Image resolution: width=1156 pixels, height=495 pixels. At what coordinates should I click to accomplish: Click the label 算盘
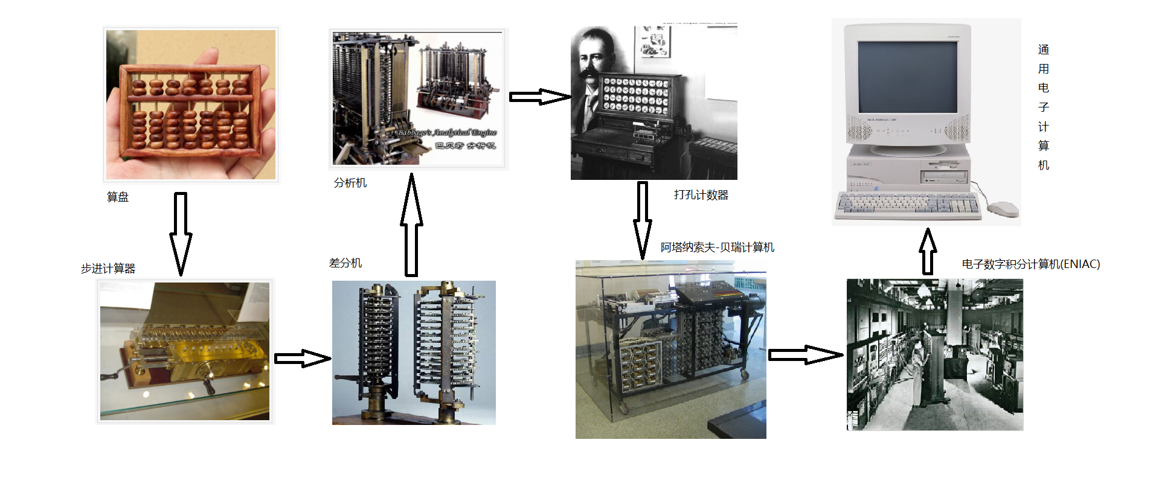click(x=118, y=197)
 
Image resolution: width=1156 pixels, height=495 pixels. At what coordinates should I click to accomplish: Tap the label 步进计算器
click(x=108, y=269)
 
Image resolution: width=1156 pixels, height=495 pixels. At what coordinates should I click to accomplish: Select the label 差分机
click(x=345, y=263)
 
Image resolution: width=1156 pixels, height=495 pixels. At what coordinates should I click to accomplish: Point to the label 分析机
click(x=350, y=183)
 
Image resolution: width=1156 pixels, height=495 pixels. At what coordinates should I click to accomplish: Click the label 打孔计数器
click(x=701, y=195)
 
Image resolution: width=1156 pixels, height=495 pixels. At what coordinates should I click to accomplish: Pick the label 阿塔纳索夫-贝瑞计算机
click(x=717, y=247)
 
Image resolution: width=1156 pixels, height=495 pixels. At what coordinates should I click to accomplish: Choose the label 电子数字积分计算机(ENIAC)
click(x=1030, y=264)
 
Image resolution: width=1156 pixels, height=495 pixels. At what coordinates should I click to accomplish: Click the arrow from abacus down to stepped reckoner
click(x=180, y=232)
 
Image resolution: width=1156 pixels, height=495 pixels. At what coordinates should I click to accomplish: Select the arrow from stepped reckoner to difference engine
click(x=302, y=359)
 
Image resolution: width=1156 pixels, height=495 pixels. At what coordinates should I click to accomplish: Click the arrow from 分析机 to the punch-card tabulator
click(x=539, y=97)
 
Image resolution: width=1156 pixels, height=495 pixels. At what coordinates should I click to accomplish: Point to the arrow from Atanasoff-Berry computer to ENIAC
click(x=804, y=355)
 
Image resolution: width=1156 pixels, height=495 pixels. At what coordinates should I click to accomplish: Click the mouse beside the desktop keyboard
click(x=1003, y=209)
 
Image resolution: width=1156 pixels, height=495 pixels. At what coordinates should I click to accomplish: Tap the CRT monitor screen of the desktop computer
click(x=907, y=77)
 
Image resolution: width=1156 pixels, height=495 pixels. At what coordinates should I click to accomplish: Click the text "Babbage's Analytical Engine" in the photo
click(x=447, y=132)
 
